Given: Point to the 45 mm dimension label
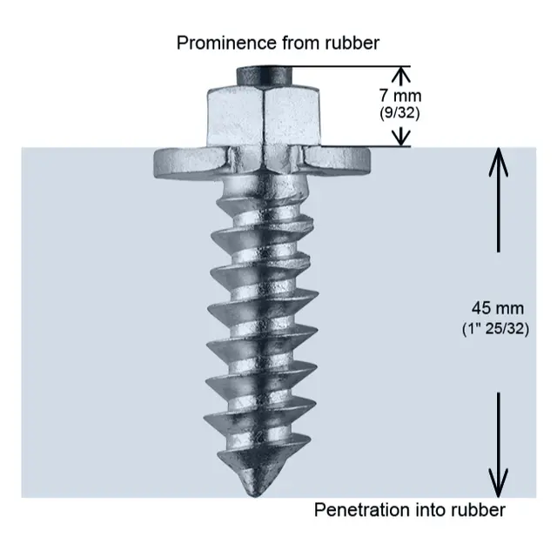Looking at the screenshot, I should tap(493, 308).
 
